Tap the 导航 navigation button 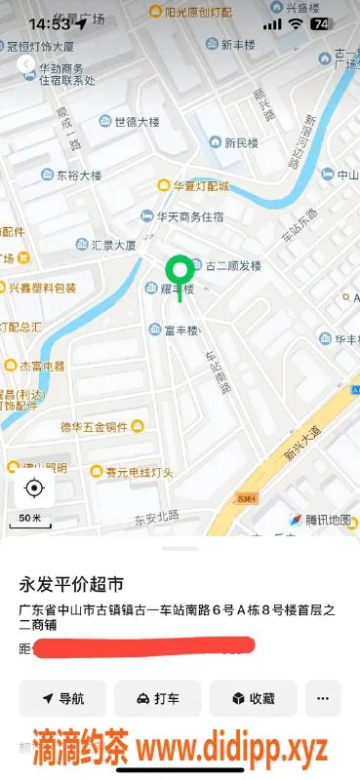click(x=62, y=698)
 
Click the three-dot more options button click(x=323, y=698)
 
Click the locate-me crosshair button click(x=34, y=487)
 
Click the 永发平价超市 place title click(x=72, y=585)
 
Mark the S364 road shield click(x=246, y=498)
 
